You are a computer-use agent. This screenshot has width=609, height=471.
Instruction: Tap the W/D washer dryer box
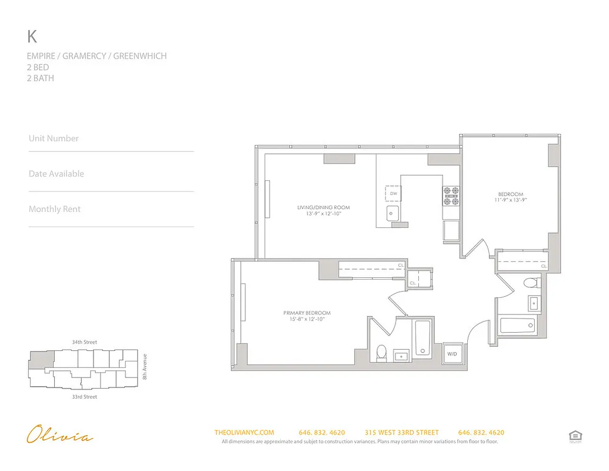(x=452, y=354)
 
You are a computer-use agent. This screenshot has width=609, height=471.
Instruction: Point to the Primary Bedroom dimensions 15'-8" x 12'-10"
(x=307, y=319)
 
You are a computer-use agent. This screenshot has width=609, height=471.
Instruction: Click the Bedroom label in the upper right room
(x=510, y=194)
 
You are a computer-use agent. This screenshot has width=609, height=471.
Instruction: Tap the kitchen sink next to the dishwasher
(x=392, y=213)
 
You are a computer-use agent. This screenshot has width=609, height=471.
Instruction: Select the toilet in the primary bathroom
(x=381, y=352)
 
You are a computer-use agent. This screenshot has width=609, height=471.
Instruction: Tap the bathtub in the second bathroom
(x=517, y=324)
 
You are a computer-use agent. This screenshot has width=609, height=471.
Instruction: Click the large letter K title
(x=32, y=37)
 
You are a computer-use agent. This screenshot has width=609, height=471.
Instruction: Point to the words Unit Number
(x=54, y=138)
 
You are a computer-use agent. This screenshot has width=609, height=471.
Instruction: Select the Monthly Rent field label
(x=54, y=209)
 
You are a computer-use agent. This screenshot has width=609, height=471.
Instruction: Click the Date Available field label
(x=56, y=174)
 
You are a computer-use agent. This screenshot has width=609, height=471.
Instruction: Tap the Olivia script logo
(x=59, y=436)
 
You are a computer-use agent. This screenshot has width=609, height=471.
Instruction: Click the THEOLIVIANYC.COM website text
(x=244, y=432)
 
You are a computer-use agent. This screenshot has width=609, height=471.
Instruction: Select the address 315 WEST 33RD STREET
(x=401, y=432)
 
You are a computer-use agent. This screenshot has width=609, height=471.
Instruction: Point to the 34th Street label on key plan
(x=84, y=342)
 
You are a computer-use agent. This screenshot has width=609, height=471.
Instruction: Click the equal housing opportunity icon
(x=574, y=436)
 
